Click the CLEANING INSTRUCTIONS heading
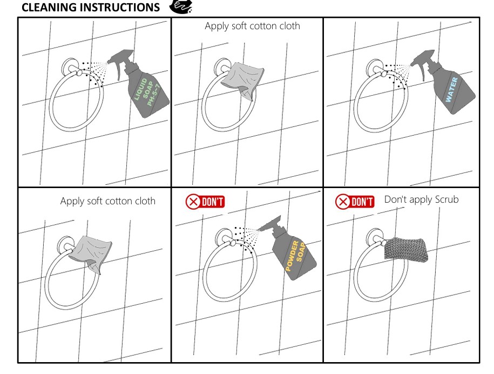click(x=91, y=7)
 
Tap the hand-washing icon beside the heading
click(x=181, y=6)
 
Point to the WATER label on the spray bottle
click(x=451, y=90)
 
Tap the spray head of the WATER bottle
click(x=423, y=63)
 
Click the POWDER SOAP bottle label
click(x=295, y=256)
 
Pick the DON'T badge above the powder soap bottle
click(x=205, y=202)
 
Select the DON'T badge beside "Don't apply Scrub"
click(x=355, y=202)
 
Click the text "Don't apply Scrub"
click(x=421, y=199)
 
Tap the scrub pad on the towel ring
click(x=406, y=249)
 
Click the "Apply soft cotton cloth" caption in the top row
click(x=252, y=26)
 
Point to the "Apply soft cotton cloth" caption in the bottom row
click(x=108, y=201)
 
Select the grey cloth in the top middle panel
click(x=242, y=81)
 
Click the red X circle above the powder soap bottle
click(x=193, y=202)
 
